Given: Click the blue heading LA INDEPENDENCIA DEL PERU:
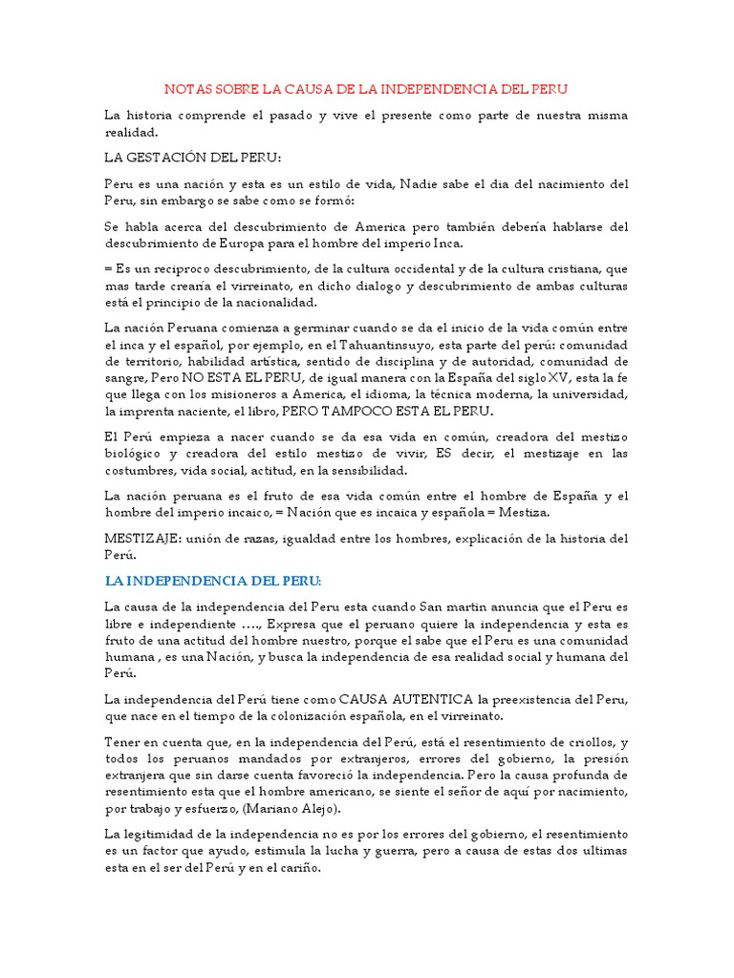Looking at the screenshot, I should coord(213,581).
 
